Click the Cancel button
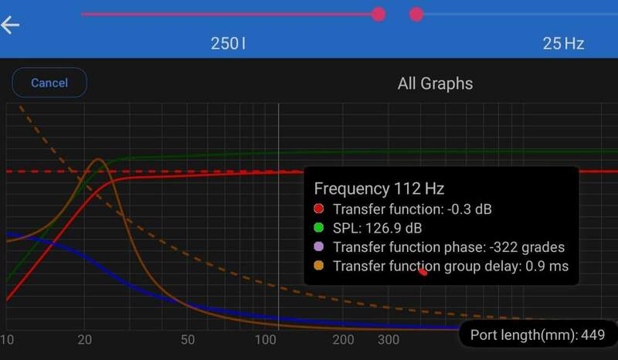pos(49,83)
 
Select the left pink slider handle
pos(379,14)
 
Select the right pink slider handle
pos(416,14)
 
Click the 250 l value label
pos(228,43)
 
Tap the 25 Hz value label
pos(563,43)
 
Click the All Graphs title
pos(435,83)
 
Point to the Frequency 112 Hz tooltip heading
pos(379,188)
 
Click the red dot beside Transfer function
pos(318,209)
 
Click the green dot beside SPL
pos(318,229)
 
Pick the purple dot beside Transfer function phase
pos(318,248)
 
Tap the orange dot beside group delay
pos(318,267)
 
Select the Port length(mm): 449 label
pos(538,335)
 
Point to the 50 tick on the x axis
pos(187,340)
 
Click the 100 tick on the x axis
pos(266,340)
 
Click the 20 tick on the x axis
pos(85,340)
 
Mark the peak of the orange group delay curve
pos(98,160)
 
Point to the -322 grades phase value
pos(527,248)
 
